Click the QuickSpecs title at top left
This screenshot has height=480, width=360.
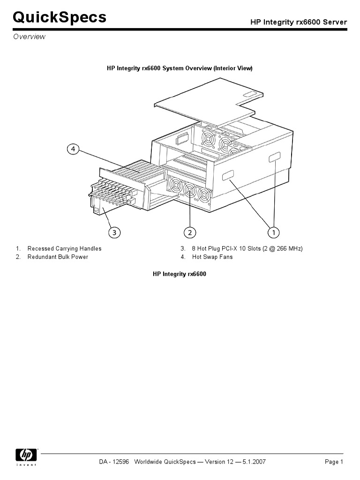pos(59,18)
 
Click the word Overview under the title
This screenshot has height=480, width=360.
pos(29,37)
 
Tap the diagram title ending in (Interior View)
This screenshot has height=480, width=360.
pos(180,68)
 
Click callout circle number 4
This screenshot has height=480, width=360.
pos(73,150)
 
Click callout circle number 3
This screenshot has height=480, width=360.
pos(113,232)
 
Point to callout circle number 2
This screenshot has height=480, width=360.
pos(189,232)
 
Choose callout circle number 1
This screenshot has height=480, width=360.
pos(273,232)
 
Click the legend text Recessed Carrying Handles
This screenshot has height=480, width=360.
pos(64,248)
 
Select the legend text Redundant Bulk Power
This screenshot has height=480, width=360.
pos(58,257)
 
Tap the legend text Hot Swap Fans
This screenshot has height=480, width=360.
pos(212,257)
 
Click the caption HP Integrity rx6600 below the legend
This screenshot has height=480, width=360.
pos(180,274)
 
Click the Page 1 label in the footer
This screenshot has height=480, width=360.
pos(334,462)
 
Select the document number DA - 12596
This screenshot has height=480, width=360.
pos(114,462)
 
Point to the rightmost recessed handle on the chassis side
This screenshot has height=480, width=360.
pos(274,159)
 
